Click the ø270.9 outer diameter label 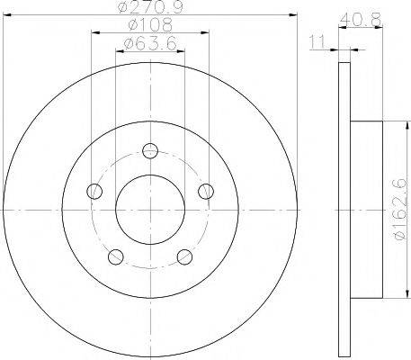(150, 7)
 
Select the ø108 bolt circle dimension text (150, 25)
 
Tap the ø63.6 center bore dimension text (150, 44)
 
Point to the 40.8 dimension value (361, 21)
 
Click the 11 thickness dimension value (317, 42)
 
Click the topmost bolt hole (150, 150)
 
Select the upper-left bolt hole (94, 191)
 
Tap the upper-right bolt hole (206, 191)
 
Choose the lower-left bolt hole (116, 256)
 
